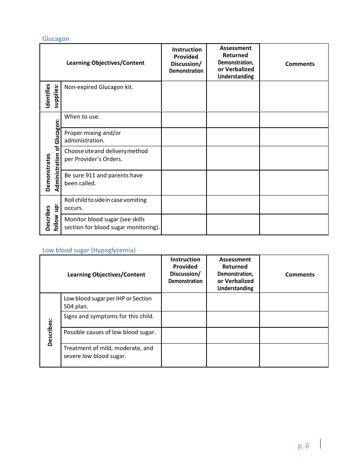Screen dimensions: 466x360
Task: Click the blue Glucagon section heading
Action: click(56, 39)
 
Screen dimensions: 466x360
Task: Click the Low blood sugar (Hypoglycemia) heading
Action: click(89, 250)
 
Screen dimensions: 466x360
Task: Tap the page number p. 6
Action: click(304, 446)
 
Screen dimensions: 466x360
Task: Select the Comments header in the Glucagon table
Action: click(300, 64)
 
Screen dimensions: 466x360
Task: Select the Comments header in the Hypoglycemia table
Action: click(300, 275)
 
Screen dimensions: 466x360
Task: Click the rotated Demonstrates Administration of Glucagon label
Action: click(52, 156)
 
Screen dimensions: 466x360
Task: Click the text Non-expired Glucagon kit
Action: click(99, 87)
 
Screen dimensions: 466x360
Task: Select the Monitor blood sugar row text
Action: click(112, 223)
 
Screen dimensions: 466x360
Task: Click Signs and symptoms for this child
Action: click(109, 316)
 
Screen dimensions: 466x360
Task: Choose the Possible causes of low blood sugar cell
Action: click(110, 332)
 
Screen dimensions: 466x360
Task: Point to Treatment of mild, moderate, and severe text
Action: click(108, 352)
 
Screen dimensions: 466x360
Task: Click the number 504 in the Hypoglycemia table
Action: click(69, 306)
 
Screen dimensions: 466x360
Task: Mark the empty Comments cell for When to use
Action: click(294, 120)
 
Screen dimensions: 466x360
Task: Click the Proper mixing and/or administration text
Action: click(92, 137)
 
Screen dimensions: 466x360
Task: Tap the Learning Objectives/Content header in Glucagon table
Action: click(105, 63)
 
